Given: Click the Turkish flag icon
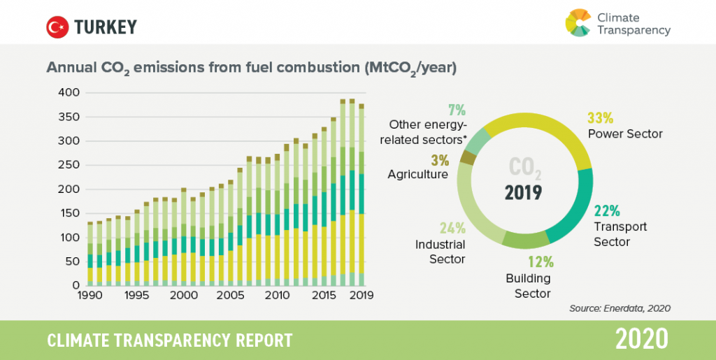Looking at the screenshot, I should [x=57, y=27].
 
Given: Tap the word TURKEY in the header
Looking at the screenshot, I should [x=106, y=27].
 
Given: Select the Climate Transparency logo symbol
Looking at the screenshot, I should [x=579, y=22].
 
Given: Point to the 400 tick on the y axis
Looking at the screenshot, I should [x=70, y=92].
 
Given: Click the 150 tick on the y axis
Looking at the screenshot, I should [x=70, y=213].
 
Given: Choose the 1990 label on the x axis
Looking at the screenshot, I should [x=91, y=296].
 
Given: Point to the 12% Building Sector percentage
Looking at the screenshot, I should [x=540, y=262].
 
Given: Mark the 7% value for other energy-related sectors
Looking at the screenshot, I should [x=455, y=109].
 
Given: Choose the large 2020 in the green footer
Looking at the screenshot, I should [x=641, y=340].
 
